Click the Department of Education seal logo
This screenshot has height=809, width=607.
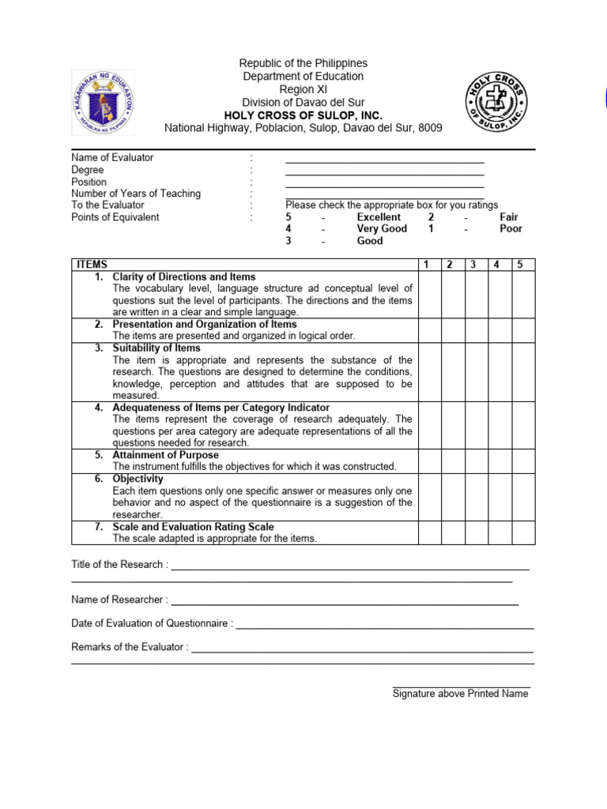pyautogui.click(x=104, y=103)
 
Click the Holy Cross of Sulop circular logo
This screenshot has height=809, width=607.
pyautogui.click(x=496, y=102)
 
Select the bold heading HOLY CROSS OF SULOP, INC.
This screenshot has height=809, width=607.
pyautogui.click(x=303, y=115)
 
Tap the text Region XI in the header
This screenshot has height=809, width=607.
pyautogui.click(x=303, y=89)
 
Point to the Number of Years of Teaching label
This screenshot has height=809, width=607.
pyautogui.click(x=136, y=194)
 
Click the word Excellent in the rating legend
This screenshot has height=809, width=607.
pyautogui.click(x=379, y=217)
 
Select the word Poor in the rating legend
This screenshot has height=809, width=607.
pyautogui.click(x=511, y=229)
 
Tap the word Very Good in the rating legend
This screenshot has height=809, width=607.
pyautogui.click(x=382, y=229)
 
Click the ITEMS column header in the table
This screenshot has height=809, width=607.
pyautogui.click(x=91, y=265)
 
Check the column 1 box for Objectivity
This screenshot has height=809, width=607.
pyautogui.click(x=428, y=496)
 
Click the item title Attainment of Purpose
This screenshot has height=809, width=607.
pyautogui.click(x=166, y=455)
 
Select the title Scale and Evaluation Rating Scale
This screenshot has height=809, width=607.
pyautogui.click(x=193, y=526)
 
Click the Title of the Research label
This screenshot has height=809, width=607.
pyautogui.click(x=119, y=565)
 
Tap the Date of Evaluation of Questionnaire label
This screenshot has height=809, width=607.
pyautogui.click(x=152, y=623)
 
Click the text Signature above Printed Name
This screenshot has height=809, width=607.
pyautogui.click(x=461, y=694)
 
